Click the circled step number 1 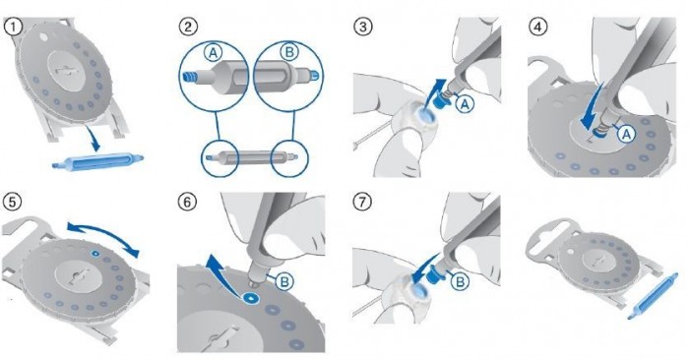click(13, 28)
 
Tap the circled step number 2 click(188, 28)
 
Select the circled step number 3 click(363, 28)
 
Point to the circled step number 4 click(538, 28)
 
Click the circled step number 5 click(12, 202)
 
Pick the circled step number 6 click(188, 202)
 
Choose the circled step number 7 click(363, 202)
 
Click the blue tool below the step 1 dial click(97, 160)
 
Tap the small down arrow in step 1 click(94, 138)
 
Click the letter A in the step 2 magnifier click(213, 53)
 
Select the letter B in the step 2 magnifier click(288, 53)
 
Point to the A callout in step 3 click(466, 104)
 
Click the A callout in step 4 click(626, 134)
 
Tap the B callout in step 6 click(284, 281)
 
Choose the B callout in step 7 click(460, 281)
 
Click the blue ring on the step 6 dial click(252, 298)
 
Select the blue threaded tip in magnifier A click(188, 77)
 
